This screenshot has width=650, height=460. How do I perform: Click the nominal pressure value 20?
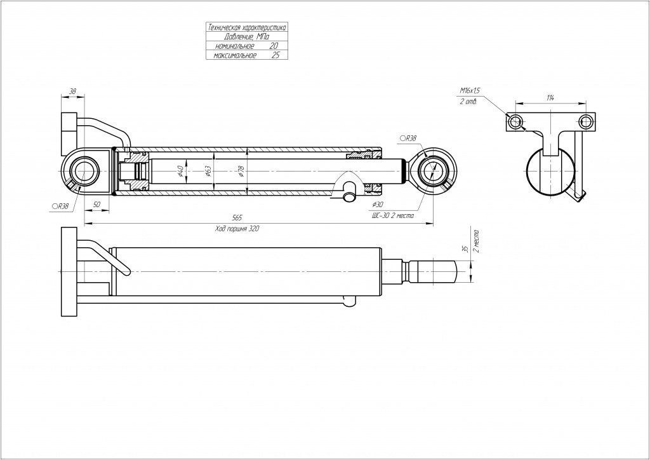pos(274,46)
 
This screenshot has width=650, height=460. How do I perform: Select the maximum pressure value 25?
pos(275,55)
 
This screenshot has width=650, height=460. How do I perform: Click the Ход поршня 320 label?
pos(237,228)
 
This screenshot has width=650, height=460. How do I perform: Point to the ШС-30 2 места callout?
pos(392,215)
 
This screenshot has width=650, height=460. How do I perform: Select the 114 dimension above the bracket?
pos(550,97)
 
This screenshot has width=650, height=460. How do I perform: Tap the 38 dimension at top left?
pos(72,92)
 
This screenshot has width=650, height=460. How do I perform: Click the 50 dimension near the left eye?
pos(96,205)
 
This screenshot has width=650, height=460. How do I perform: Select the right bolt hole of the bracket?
pos(587,121)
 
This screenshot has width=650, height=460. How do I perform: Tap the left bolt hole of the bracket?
pos(515,121)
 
